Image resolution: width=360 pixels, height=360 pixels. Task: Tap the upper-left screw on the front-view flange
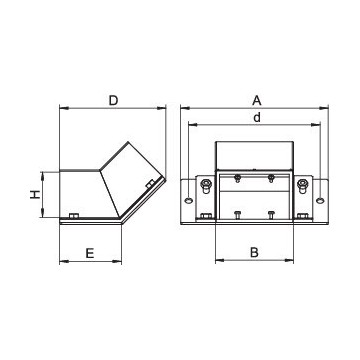click(x=204, y=183)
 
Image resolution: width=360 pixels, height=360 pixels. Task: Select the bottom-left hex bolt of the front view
click(x=204, y=217)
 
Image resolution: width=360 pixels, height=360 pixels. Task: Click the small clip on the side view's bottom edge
click(x=75, y=217)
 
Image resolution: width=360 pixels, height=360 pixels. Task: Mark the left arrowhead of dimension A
click(x=183, y=107)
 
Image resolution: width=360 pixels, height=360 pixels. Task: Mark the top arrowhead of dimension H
click(x=47, y=170)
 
